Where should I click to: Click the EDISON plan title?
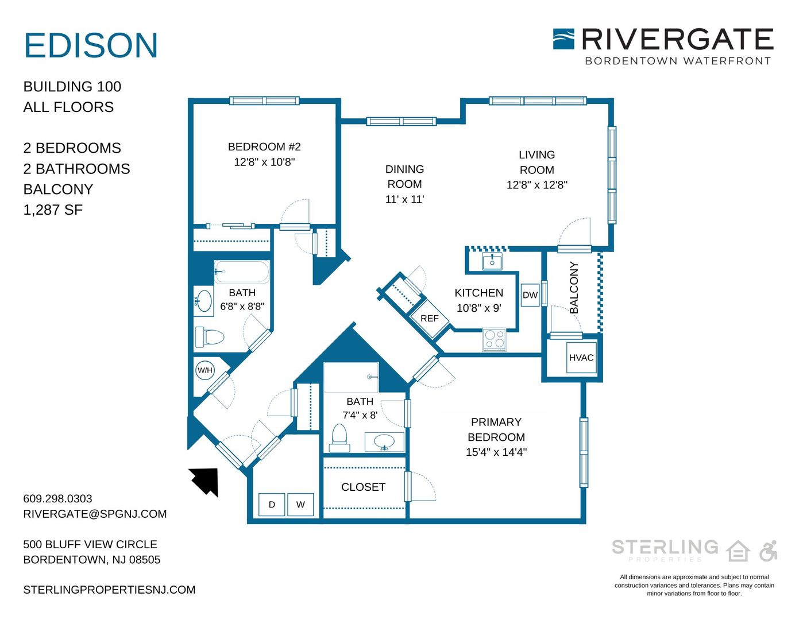click(91, 45)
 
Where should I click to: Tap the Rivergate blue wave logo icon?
click(563, 39)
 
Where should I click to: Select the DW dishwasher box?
click(530, 294)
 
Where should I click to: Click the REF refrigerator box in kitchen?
click(430, 318)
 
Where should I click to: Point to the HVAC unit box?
click(581, 358)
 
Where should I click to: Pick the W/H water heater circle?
click(204, 370)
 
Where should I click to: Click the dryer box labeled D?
click(272, 505)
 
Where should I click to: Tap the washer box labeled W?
click(300, 505)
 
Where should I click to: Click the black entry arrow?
click(204, 482)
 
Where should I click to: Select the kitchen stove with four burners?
click(494, 339)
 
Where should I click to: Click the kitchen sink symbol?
click(492, 261)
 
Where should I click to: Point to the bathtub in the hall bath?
click(242, 272)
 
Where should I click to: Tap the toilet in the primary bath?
click(339, 438)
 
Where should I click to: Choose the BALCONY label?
click(573, 288)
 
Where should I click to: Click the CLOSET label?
click(363, 487)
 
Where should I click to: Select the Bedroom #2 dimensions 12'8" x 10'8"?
click(264, 162)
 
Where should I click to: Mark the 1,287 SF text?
click(53, 210)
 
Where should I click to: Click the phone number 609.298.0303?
click(57, 498)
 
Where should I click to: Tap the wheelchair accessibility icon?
click(769, 551)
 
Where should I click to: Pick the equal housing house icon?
click(738, 551)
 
